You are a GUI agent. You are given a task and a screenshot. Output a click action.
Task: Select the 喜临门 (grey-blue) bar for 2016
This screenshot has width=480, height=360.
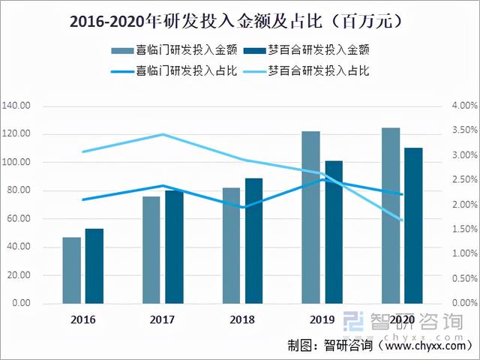pos(72,270)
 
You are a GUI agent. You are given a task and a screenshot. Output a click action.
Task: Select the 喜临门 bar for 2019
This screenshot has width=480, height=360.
pos(310,217)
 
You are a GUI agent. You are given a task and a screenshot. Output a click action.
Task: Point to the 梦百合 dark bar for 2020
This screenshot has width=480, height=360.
pos(413,225)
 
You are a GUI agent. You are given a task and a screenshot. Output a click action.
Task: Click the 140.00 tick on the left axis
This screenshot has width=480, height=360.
pos(16,106)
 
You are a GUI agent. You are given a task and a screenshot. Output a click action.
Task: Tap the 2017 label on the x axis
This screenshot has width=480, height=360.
pos(163,320)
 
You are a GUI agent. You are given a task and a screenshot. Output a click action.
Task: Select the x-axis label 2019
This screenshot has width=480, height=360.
pos(322,320)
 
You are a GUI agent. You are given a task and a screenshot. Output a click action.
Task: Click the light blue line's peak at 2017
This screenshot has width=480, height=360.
pos(163,134)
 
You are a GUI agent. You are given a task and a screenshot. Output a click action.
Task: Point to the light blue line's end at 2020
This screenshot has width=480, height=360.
pos(402,220)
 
